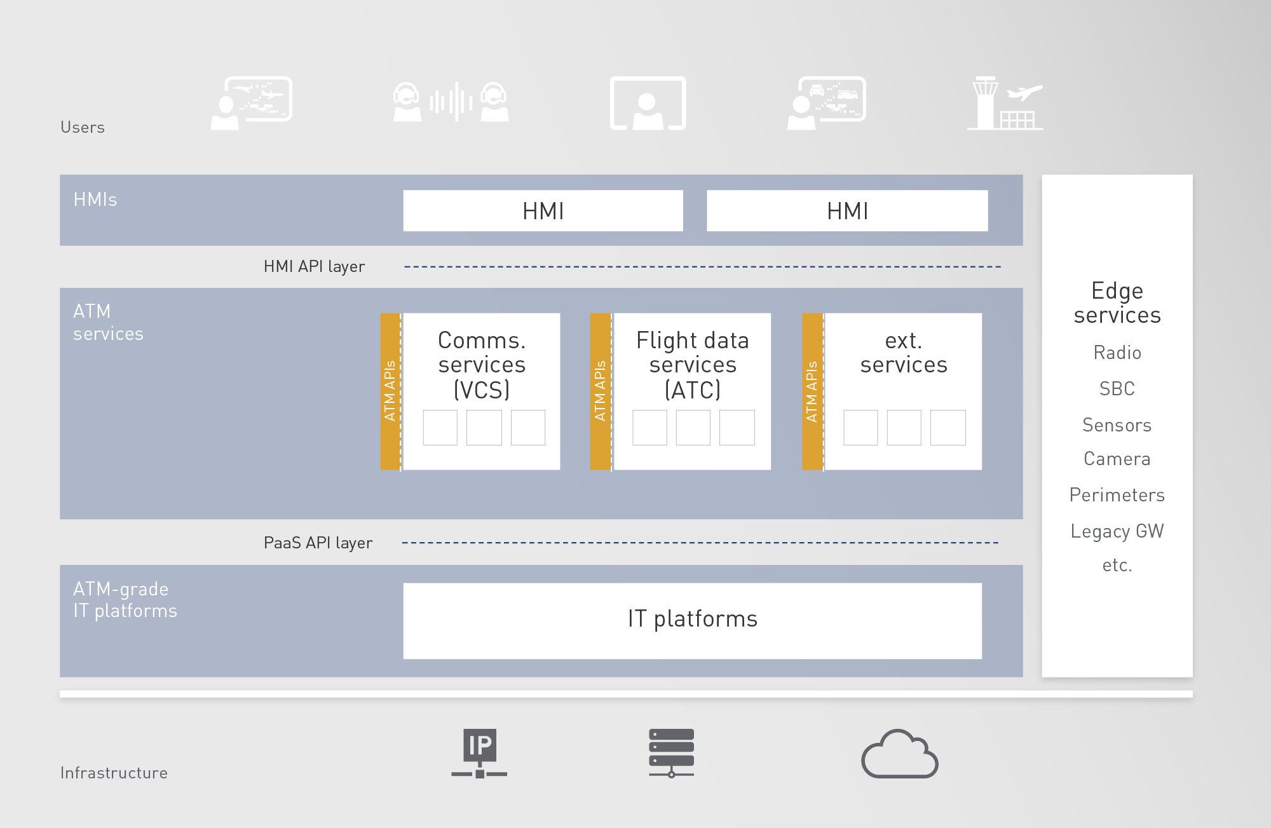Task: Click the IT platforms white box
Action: click(692, 621)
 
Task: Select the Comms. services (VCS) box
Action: click(481, 391)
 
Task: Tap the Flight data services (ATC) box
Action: click(692, 391)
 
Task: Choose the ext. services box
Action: click(903, 391)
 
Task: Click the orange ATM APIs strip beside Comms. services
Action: click(390, 391)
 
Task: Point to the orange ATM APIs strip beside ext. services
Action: click(812, 391)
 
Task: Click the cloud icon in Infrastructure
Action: click(900, 754)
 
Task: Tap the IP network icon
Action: click(479, 754)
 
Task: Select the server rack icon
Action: click(671, 754)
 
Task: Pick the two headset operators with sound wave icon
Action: click(451, 102)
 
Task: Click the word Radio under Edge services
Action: click(1117, 353)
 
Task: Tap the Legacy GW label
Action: click(1117, 531)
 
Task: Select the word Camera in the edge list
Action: click(1117, 459)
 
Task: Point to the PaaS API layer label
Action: click(318, 543)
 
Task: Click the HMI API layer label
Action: click(314, 266)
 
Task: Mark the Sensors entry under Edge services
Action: click(1117, 425)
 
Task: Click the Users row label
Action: click(83, 127)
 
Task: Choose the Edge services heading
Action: click(1117, 303)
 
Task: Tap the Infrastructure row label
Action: click(114, 773)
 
